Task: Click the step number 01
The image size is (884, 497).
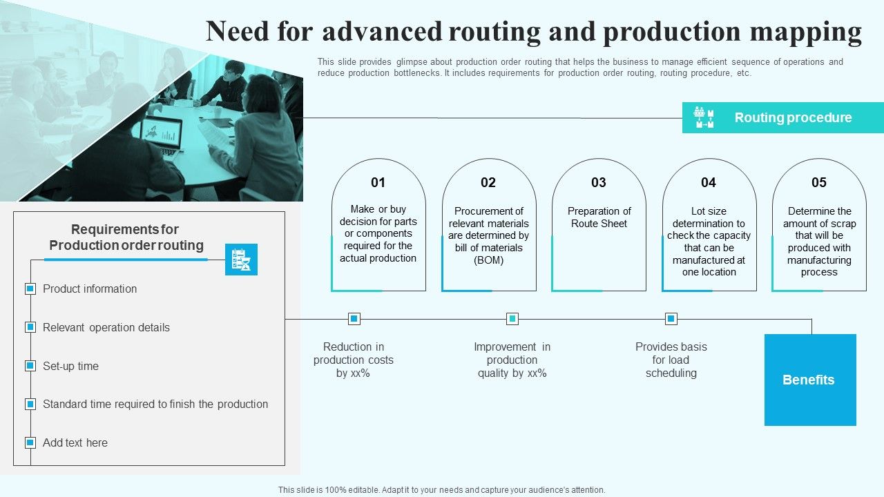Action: coord(378,183)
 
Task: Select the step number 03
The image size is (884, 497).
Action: coord(598,183)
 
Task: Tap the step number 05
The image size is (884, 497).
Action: coord(818,183)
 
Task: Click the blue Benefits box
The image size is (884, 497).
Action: coord(809,380)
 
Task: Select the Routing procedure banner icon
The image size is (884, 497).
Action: coord(704,117)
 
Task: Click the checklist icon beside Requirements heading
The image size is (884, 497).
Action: coord(241,260)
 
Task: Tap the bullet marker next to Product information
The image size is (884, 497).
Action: coord(30,289)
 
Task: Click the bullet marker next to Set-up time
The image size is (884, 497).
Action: coord(30,366)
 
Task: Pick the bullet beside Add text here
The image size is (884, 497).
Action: coord(30,442)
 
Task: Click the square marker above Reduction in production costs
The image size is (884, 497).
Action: coord(354,319)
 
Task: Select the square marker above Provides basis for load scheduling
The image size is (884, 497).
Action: coord(671,319)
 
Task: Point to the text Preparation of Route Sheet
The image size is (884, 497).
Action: coord(599,217)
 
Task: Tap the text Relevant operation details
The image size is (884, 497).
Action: coord(106,328)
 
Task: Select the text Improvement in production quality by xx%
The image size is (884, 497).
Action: coord(512,360)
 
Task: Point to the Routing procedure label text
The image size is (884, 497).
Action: coord(793,118)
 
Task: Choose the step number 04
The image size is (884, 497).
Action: coord(709,183)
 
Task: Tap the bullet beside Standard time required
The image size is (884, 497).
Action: coord(30,405)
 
